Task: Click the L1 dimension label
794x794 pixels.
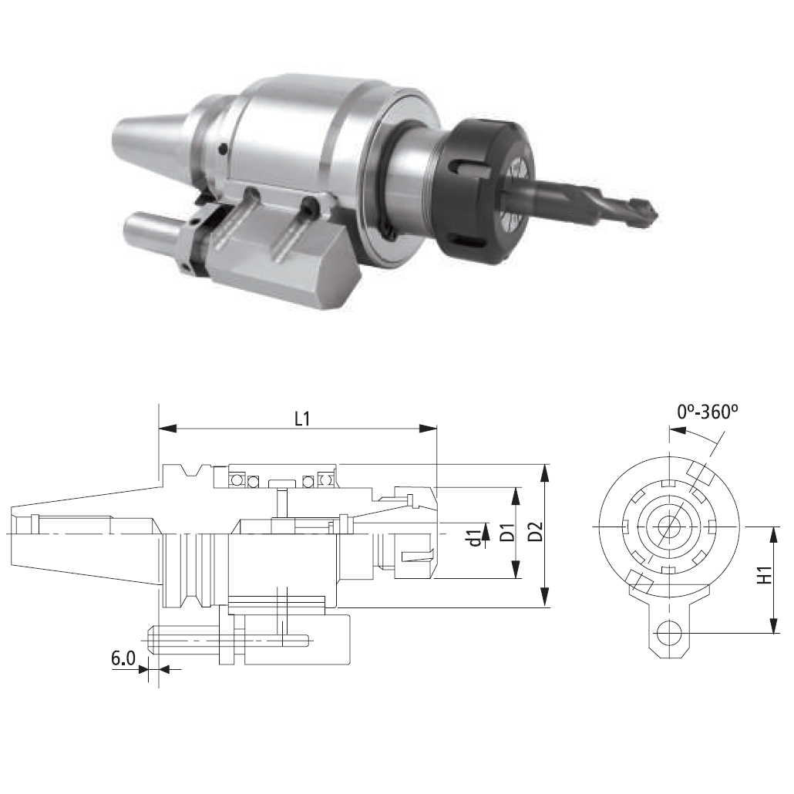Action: [302, 419]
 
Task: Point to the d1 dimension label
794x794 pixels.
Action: [475, 538]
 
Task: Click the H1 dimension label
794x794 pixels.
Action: [765, 574]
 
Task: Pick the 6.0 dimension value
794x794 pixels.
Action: [123, 658]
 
